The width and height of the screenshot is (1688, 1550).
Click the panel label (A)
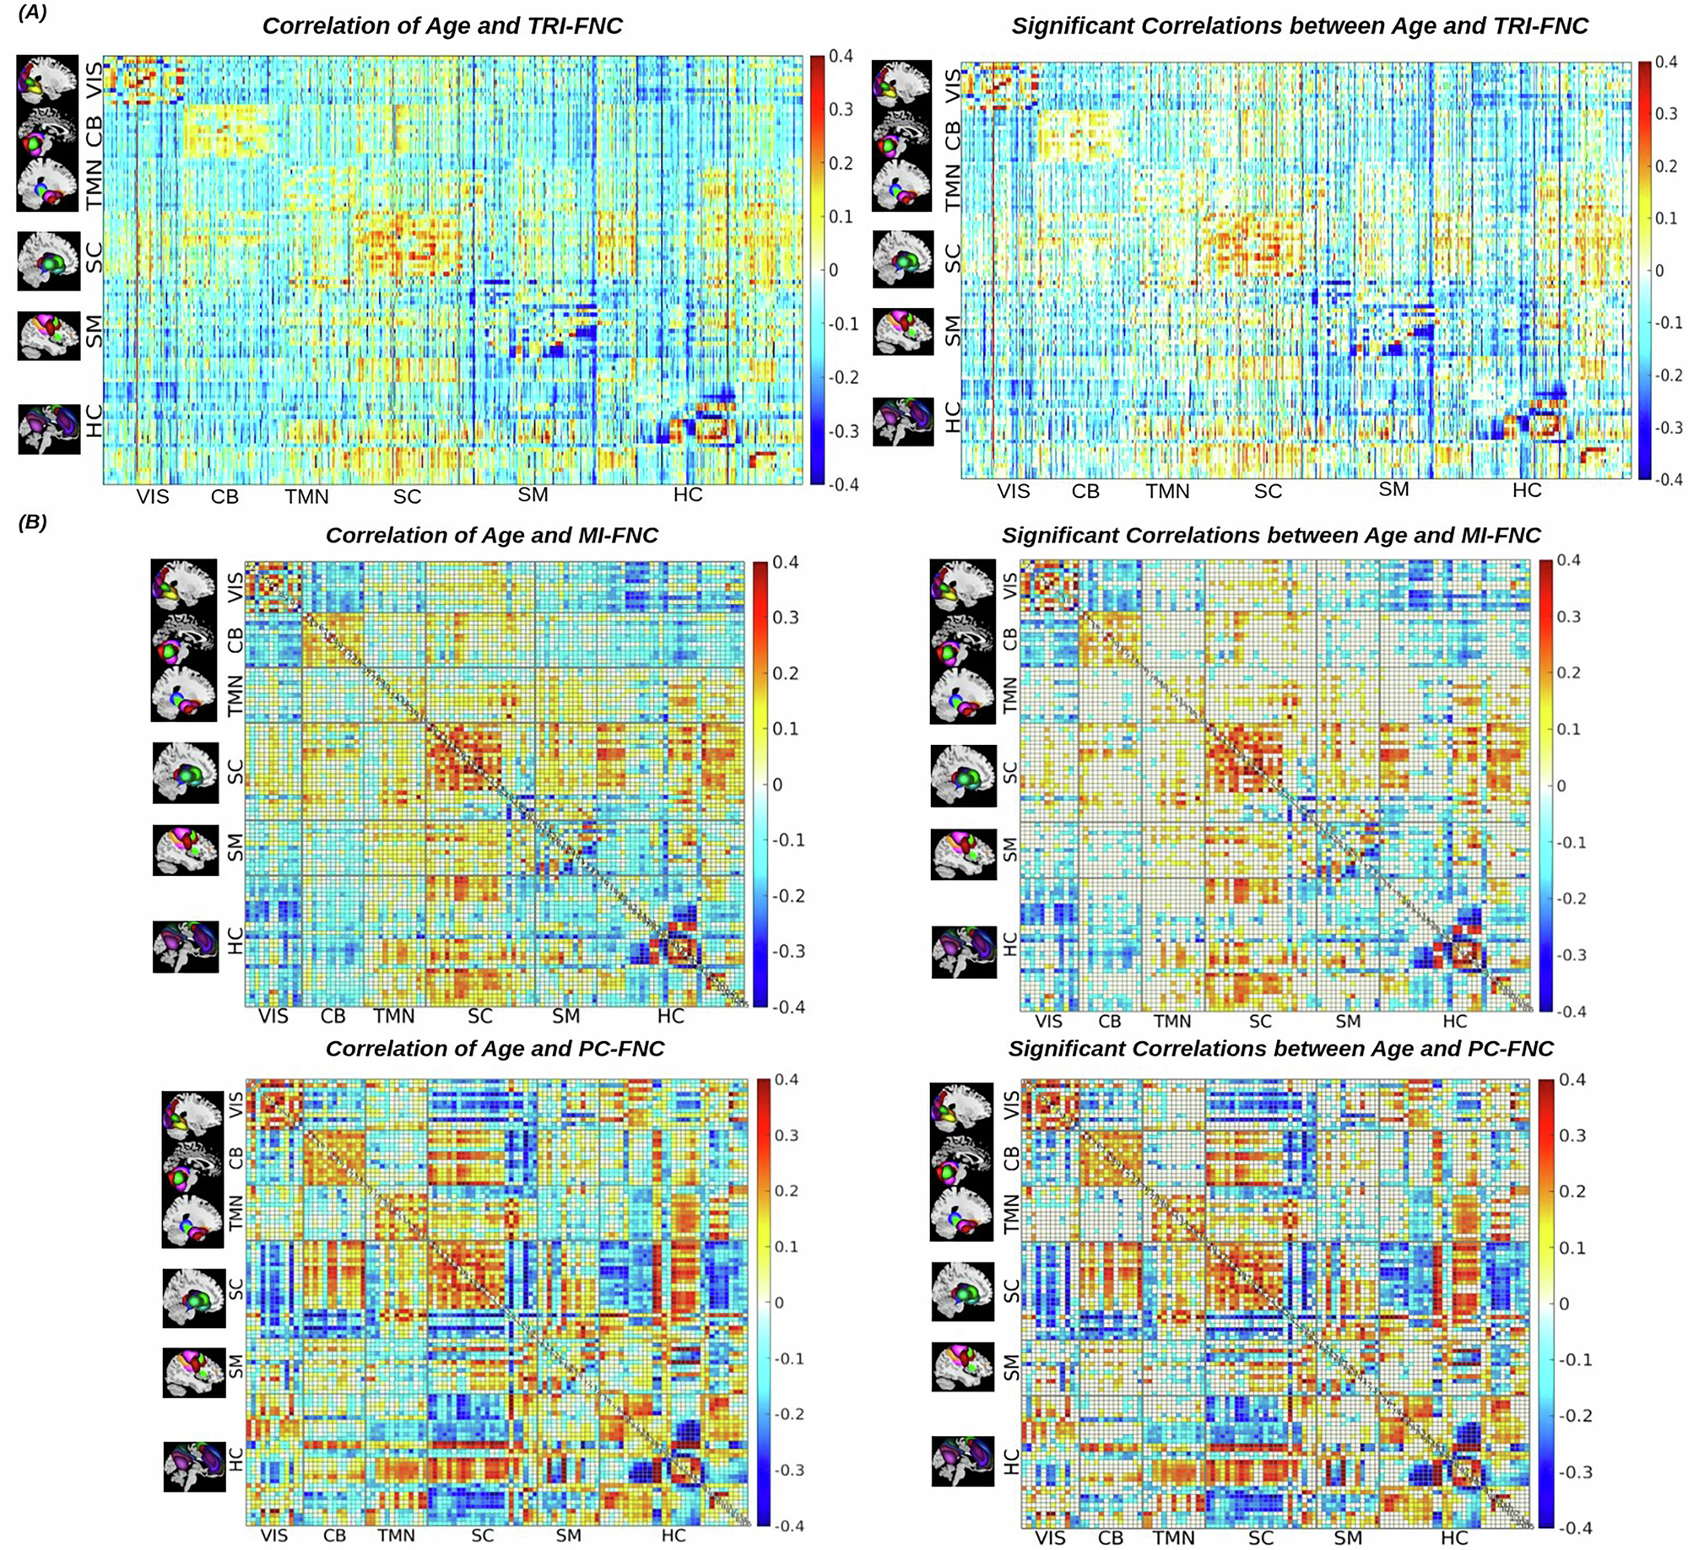tap(32, 13)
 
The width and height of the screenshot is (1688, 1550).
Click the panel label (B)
tap(32, 522)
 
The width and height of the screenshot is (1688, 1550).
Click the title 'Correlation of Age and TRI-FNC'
tap(442, 26)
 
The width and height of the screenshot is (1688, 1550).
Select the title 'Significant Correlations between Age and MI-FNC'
tap(1271, 536)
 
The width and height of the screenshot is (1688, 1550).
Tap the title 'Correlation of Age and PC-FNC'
tap(495, 1049)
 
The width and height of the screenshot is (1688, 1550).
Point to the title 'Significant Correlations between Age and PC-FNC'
tap(1280, 1049)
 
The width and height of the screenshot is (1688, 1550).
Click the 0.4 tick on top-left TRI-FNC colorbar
tap(841, 57)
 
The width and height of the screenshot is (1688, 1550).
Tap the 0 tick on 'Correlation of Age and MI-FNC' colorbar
tap(777, 785)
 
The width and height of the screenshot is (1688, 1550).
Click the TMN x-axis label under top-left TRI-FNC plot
tap(306, 496)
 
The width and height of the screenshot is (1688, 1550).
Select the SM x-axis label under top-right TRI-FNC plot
tap(1393, 489)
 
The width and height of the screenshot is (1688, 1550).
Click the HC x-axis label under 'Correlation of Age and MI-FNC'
tap(670, 1016)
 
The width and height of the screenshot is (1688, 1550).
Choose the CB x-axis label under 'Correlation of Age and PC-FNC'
tap(334, 1536)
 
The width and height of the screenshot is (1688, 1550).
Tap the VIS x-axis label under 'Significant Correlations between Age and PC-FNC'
tap(1050, 1538)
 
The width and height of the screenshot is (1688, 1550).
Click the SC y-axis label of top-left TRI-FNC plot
tap(94, 257)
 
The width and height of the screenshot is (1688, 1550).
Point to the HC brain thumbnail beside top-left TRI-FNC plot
tap(49, 429)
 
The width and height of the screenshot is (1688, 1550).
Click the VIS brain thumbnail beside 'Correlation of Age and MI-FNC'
tap(184, 583)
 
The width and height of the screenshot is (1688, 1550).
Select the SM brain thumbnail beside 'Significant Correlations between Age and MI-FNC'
tap(963, 854)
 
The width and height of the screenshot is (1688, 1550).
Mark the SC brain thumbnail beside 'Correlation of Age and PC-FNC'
tap(194, 1298)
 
